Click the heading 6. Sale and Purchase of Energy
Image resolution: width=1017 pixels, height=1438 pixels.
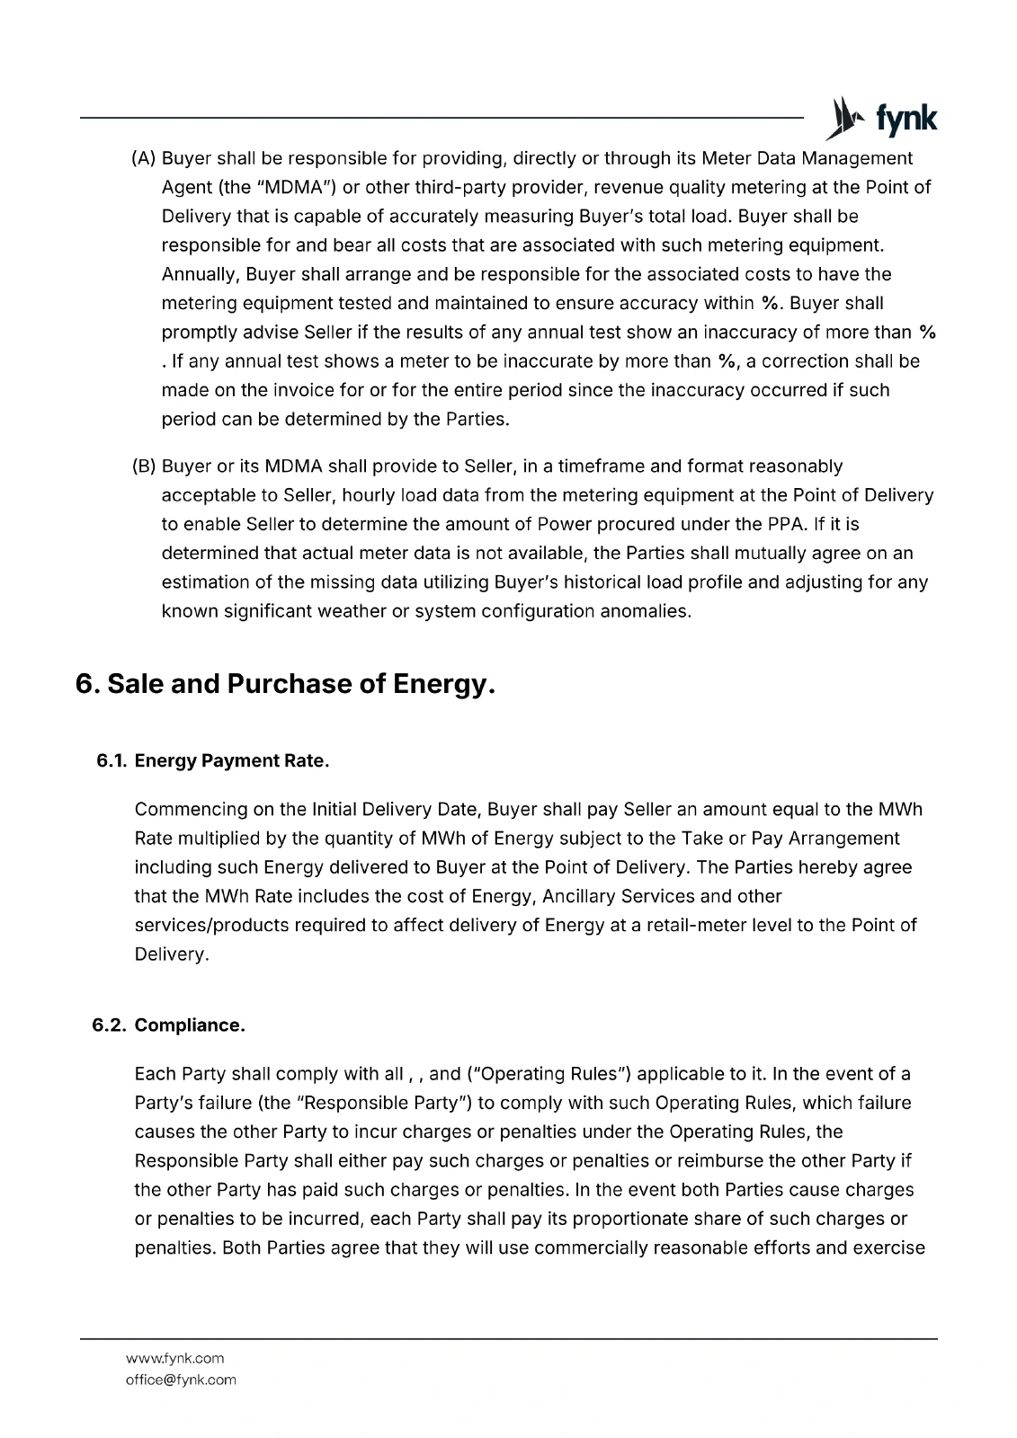(285, 684)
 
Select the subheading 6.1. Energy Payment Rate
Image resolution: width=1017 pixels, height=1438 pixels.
(213, 761)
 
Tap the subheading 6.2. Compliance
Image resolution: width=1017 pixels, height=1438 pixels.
(169, 1025)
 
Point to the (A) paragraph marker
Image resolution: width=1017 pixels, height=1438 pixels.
(144, 159)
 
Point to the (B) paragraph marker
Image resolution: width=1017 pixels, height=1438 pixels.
(144, 466)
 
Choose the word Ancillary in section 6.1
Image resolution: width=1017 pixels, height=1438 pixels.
(579, 896)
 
